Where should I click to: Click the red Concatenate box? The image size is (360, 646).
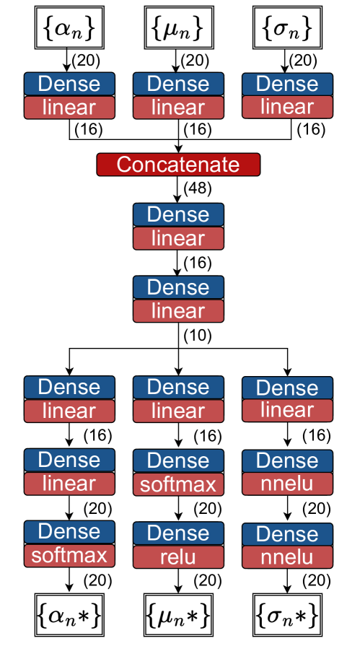[178, 165]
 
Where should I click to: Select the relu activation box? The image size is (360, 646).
[178, 556]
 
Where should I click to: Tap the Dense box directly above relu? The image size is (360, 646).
[178, 533]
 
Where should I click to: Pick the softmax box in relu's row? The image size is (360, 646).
[69, 555]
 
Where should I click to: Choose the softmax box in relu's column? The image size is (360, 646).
[178, 484]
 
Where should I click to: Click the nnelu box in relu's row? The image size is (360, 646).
[287, 556]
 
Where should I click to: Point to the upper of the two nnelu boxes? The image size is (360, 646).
[287, 484]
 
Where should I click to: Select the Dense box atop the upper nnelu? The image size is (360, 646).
[287, 461]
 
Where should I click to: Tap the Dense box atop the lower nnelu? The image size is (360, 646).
[287, 534]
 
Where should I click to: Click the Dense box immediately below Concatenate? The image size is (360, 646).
[178, 214]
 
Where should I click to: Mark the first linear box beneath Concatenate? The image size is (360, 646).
[178, 238]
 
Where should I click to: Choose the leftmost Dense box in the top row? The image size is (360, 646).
[69, 84]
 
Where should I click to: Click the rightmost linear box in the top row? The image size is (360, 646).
[287, 107]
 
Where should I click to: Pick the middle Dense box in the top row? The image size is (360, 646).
[178, 84]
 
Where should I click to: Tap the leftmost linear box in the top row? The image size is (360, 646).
[69, 108]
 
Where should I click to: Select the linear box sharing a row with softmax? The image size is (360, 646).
[69, 484]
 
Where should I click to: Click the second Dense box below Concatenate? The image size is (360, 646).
[178, 287]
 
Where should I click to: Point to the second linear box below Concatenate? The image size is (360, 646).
[178, 311]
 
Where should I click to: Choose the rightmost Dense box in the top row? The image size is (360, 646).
[287, 84]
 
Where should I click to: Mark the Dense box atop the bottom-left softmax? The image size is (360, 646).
[69, 532]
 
